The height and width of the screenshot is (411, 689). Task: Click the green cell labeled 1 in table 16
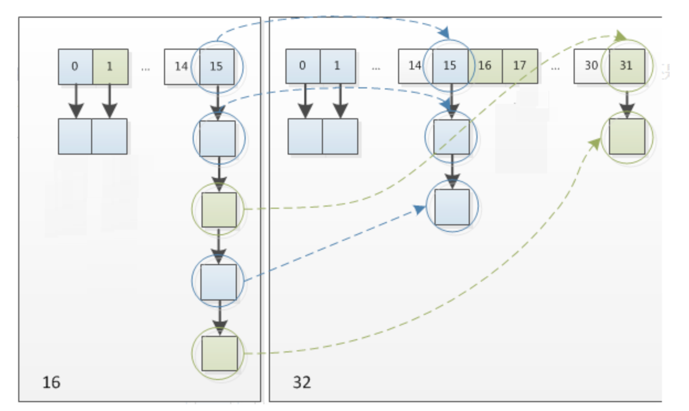point(110,67)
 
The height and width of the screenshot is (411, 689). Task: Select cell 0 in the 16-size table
point(75,67)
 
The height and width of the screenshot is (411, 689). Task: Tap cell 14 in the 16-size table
point(181,67)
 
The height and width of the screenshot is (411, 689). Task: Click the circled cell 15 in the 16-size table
point(216,67)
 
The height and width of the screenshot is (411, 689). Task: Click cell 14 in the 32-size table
point(415,66)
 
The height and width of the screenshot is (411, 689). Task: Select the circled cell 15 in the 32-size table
point(450,66)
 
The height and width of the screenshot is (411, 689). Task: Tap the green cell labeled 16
point(485,66)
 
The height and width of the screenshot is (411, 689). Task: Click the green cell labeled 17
point(520,66)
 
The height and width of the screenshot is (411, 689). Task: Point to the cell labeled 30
point(591,66)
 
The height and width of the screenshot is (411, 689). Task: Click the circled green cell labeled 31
point(626,66)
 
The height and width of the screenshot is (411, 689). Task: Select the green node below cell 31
point(627,136)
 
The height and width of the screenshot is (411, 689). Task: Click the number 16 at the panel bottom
point(51,382)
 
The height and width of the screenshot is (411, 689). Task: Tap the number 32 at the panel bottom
point(301,382)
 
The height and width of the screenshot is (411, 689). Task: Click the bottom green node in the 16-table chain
point(219,353)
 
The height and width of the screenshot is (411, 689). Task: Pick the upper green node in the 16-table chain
point(219,209)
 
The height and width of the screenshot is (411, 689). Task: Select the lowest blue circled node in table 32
point(452,207)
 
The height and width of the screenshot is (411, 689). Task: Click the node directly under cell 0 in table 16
point(75,136)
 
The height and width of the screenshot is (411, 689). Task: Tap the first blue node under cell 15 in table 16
point(218,138)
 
